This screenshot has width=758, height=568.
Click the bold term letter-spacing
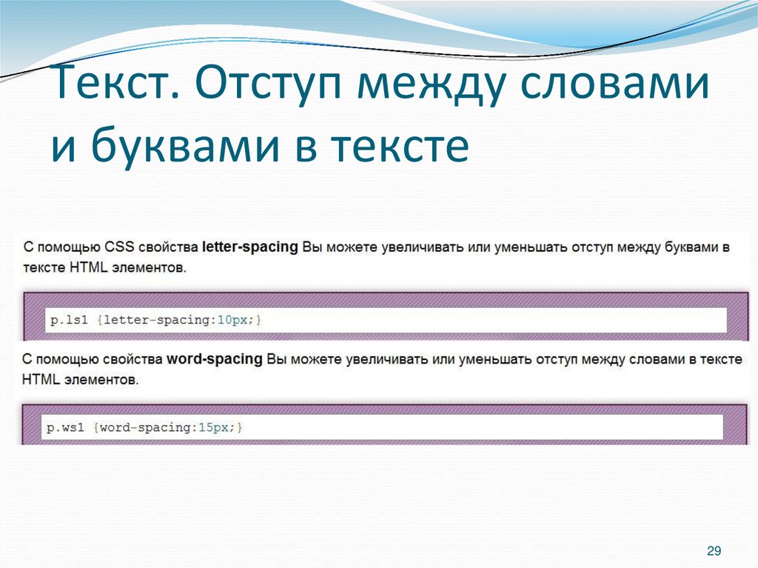(x=249, y=247)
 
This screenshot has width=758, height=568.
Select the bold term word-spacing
(x=215, y=360)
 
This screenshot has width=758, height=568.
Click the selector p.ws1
(x=69, y=427)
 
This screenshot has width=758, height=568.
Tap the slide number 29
(x=714, y=550)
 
